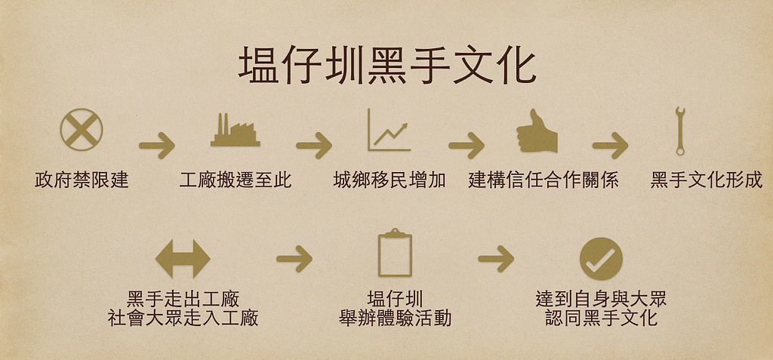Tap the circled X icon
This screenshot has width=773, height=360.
pyautogui.click(x=82, y=130)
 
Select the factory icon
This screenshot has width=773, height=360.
pyautogui.click(x=236, y=131)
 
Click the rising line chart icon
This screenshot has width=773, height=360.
pyautogui.click(x=390, y=130)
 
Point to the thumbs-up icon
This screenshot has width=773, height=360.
pyautogui.click(x=537, y=131)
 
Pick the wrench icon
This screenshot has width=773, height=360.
pyautogui.click(x=680, y=131)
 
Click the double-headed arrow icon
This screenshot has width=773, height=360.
pyautogui.click(x=183, y=259)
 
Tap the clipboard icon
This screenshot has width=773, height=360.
pyautogui.click(x=395, y=253)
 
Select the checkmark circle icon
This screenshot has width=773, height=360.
pyautogui.click(x=601, y=258)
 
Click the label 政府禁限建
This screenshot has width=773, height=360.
pyautogui.click(x=82, y=180)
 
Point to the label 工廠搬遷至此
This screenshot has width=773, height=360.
pyautogui.click(x=236, y=180)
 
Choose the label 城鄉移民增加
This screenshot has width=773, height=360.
pyautogui.click(x=390, y=180)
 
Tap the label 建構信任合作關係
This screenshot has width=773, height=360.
pyautogui.click(x=544, y=180)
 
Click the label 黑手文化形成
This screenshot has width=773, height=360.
pyautogui.click(x=707, y=180)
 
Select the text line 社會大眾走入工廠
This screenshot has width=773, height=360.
pyautogui.click(x=183, y=318)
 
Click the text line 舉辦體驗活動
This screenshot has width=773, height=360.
pyautogui.click(x=395, y=318)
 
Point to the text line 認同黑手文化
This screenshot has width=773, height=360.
pyautogui.click(x=601, y=318)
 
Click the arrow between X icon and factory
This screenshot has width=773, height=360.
pyautogui.click(x=157, y=146)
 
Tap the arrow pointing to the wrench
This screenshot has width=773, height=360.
pyautogui.click(x=610, y=146)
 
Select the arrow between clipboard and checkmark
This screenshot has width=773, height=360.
pyautogui.click(x=496, y=258)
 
